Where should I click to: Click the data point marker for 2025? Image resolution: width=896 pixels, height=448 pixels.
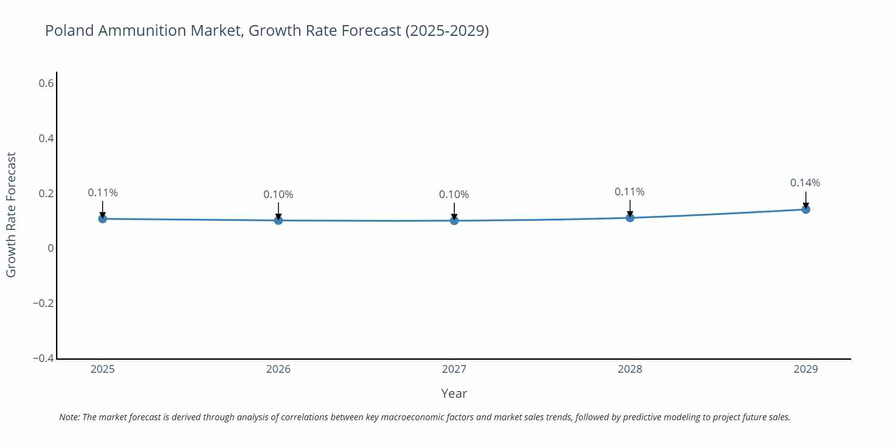coord(103,219)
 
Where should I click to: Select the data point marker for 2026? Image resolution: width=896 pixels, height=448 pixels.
coord(278,220)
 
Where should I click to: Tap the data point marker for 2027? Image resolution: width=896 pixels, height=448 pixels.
coord(454,220)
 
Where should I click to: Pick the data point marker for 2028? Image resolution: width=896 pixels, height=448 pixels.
coord(630,218)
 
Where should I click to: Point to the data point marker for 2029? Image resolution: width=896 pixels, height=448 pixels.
coord(806,209)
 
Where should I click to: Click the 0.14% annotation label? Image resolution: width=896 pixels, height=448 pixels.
coord(805,183)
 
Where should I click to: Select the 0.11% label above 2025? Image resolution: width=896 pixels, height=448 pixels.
coord(103,193)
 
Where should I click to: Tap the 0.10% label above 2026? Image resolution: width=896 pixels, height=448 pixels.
coord(278,194)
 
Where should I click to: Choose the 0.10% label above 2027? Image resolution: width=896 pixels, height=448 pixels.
coord(454,194)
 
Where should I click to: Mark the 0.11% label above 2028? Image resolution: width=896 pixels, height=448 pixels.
coord(629,192)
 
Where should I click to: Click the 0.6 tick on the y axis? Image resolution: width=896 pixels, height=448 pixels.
coord(46,83)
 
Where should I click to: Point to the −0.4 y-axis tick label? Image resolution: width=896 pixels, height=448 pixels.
coord(43,358)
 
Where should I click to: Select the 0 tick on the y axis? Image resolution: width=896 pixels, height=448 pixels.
coord(51,248)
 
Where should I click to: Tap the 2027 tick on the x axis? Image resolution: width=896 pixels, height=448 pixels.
coord(454,369)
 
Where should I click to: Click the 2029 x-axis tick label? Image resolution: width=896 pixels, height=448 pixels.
coord(806,369)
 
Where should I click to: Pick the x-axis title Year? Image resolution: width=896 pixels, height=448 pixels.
coord(454,393)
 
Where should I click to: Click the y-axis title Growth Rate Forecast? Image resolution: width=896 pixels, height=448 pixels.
coord(11,215)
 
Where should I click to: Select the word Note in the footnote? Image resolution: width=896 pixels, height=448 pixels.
coord(69,417)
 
